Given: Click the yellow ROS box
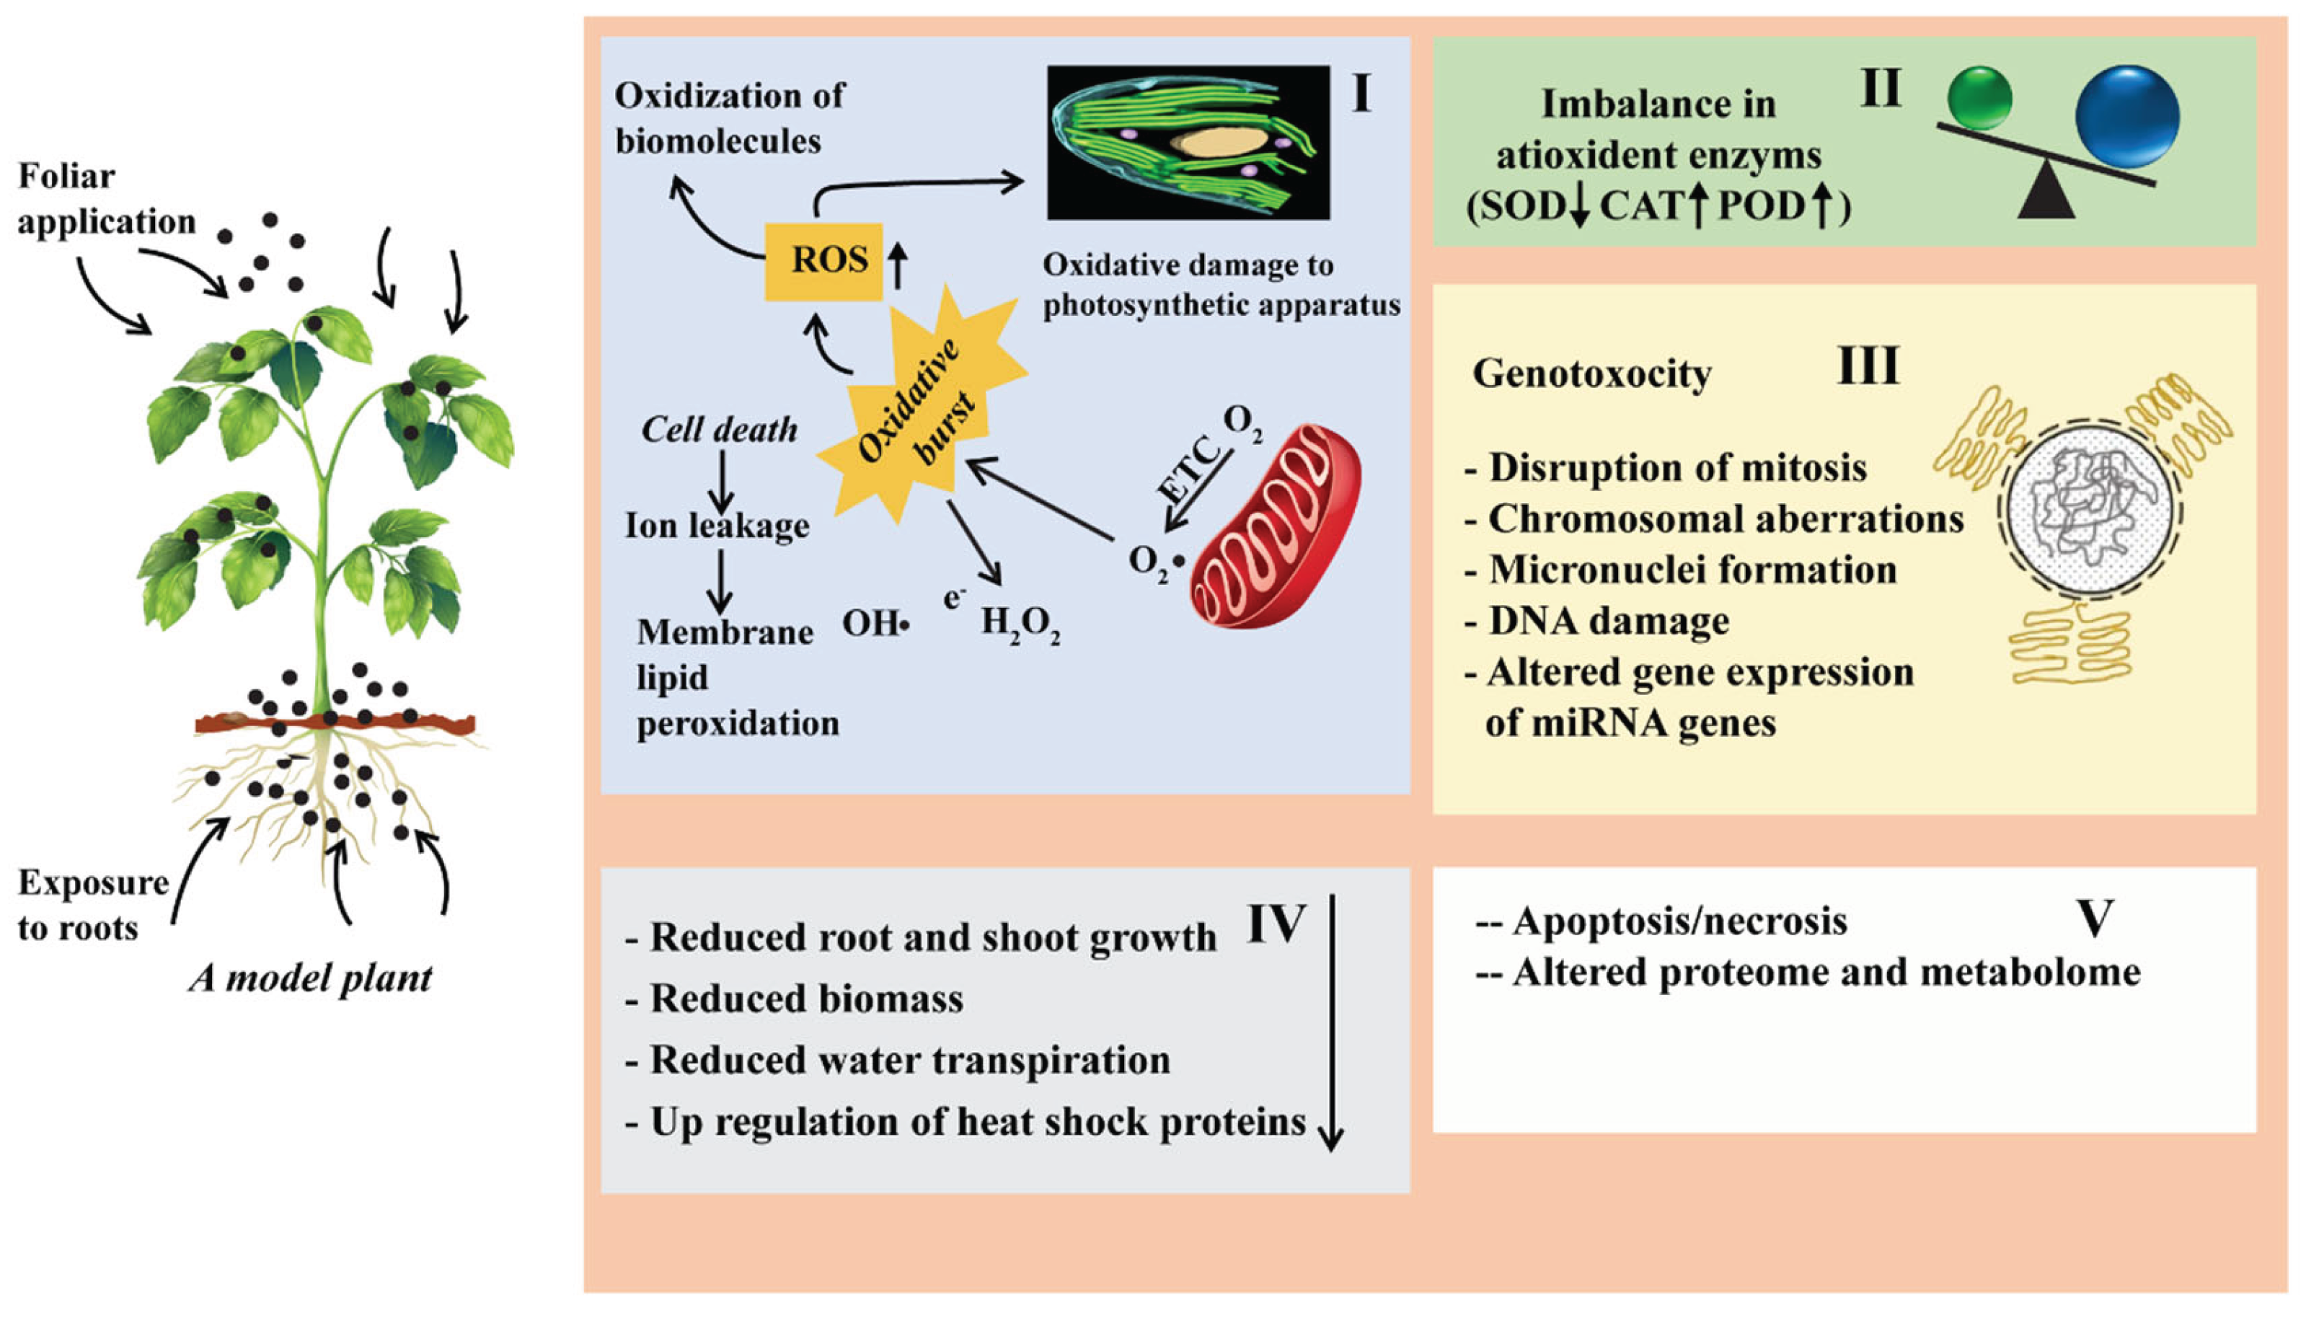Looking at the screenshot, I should (x=823, y=261).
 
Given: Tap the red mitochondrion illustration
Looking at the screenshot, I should (x=1276, y=528).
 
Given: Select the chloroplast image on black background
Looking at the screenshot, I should (x=1188, y=142).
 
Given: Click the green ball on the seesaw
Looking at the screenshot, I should (x=1979, y=98).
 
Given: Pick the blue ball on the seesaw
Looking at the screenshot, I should (x=2126, y=116).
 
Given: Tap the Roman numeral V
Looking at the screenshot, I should (x=2093, y=918).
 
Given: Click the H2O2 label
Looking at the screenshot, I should (x=1020, y=624).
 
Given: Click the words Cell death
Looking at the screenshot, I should (x=720, y=429).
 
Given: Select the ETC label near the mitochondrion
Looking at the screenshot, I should (x=1188, y=467).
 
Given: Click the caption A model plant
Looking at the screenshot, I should (x=310, y=978).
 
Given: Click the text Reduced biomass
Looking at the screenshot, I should (x=805, y=999).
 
